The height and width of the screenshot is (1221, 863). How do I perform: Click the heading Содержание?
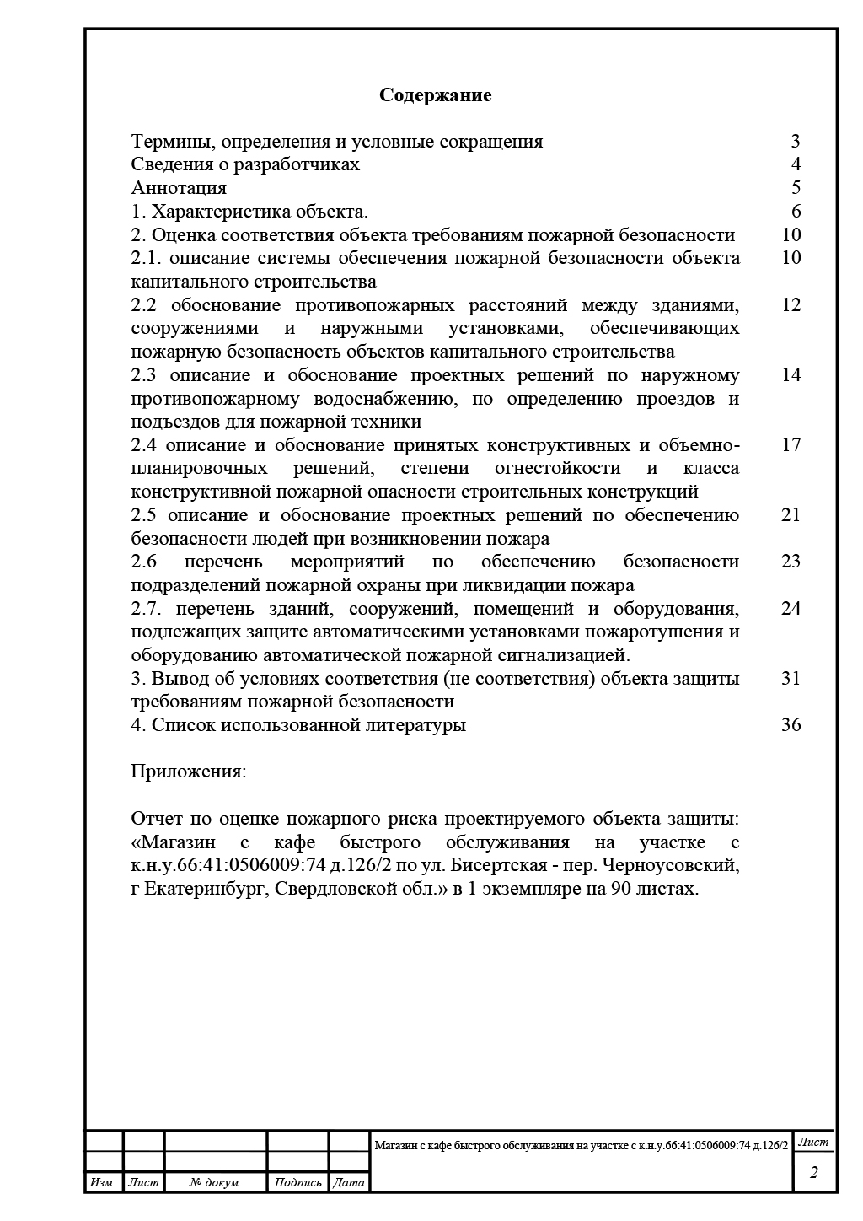[435, 94]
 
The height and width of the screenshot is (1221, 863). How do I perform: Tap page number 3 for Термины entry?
[796, 141]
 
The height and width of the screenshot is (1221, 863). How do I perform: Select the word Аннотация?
[179, 187]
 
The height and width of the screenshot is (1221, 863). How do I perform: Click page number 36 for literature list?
[791, 724]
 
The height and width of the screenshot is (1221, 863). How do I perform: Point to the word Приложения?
[188, 771]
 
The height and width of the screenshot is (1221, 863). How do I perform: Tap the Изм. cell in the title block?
[103, 1182]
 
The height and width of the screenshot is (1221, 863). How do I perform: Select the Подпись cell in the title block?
[297, 1182]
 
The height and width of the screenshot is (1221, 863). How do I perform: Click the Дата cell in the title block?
[349, 1182]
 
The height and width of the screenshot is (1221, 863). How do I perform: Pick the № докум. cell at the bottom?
[215, 1182]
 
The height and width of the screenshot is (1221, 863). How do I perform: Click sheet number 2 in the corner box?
[813, 1172]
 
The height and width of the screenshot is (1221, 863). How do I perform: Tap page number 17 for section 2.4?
[791, 444]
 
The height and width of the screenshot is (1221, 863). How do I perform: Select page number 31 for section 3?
[791, 678]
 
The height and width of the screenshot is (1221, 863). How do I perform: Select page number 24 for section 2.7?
[791, 608]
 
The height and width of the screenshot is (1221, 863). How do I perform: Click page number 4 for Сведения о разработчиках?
[796, 164]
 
